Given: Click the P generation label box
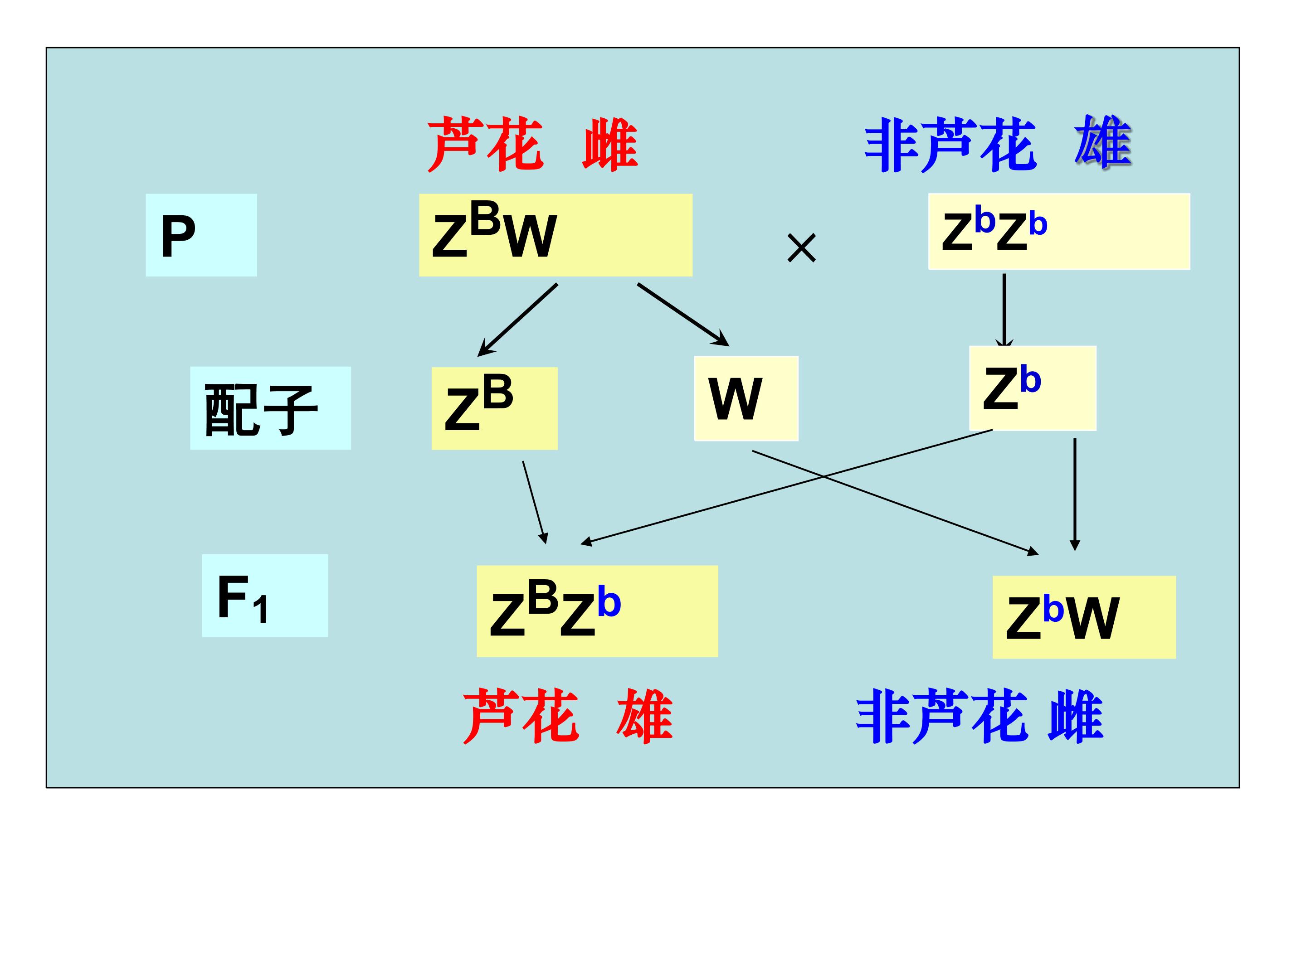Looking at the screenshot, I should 201,235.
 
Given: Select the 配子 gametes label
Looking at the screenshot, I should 270,408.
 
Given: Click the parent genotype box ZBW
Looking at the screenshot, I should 555,235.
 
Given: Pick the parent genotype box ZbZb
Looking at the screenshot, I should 1058,231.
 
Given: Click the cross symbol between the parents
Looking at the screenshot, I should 801,247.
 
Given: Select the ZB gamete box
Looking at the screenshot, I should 494,408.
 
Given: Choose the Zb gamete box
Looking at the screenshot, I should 1032,388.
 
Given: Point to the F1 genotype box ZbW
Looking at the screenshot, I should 1083,617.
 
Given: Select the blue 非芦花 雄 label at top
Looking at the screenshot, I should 997,143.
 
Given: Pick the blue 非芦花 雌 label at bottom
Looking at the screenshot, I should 979,715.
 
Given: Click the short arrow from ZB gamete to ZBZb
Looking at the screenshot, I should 534,502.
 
